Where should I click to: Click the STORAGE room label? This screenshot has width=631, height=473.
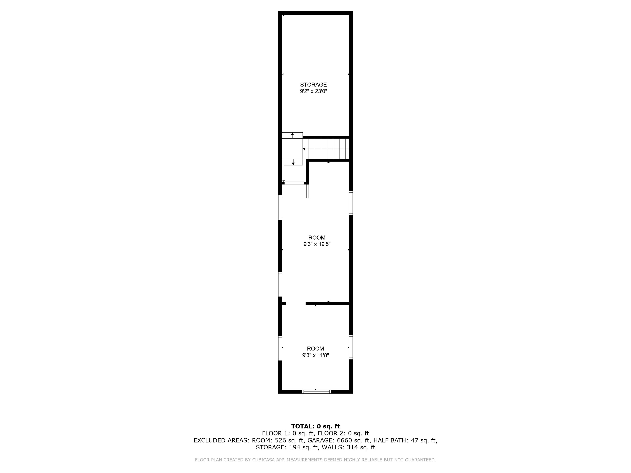point(313,85)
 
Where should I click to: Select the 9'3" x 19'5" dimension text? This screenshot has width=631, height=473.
point(317,244)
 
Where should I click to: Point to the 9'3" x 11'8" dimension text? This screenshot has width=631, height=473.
point(315,355)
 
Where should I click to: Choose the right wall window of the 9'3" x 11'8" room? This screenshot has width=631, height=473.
point(351,347)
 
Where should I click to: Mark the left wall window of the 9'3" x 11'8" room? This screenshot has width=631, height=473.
point(280,348)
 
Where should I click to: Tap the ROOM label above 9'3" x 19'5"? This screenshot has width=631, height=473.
point(317,238)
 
